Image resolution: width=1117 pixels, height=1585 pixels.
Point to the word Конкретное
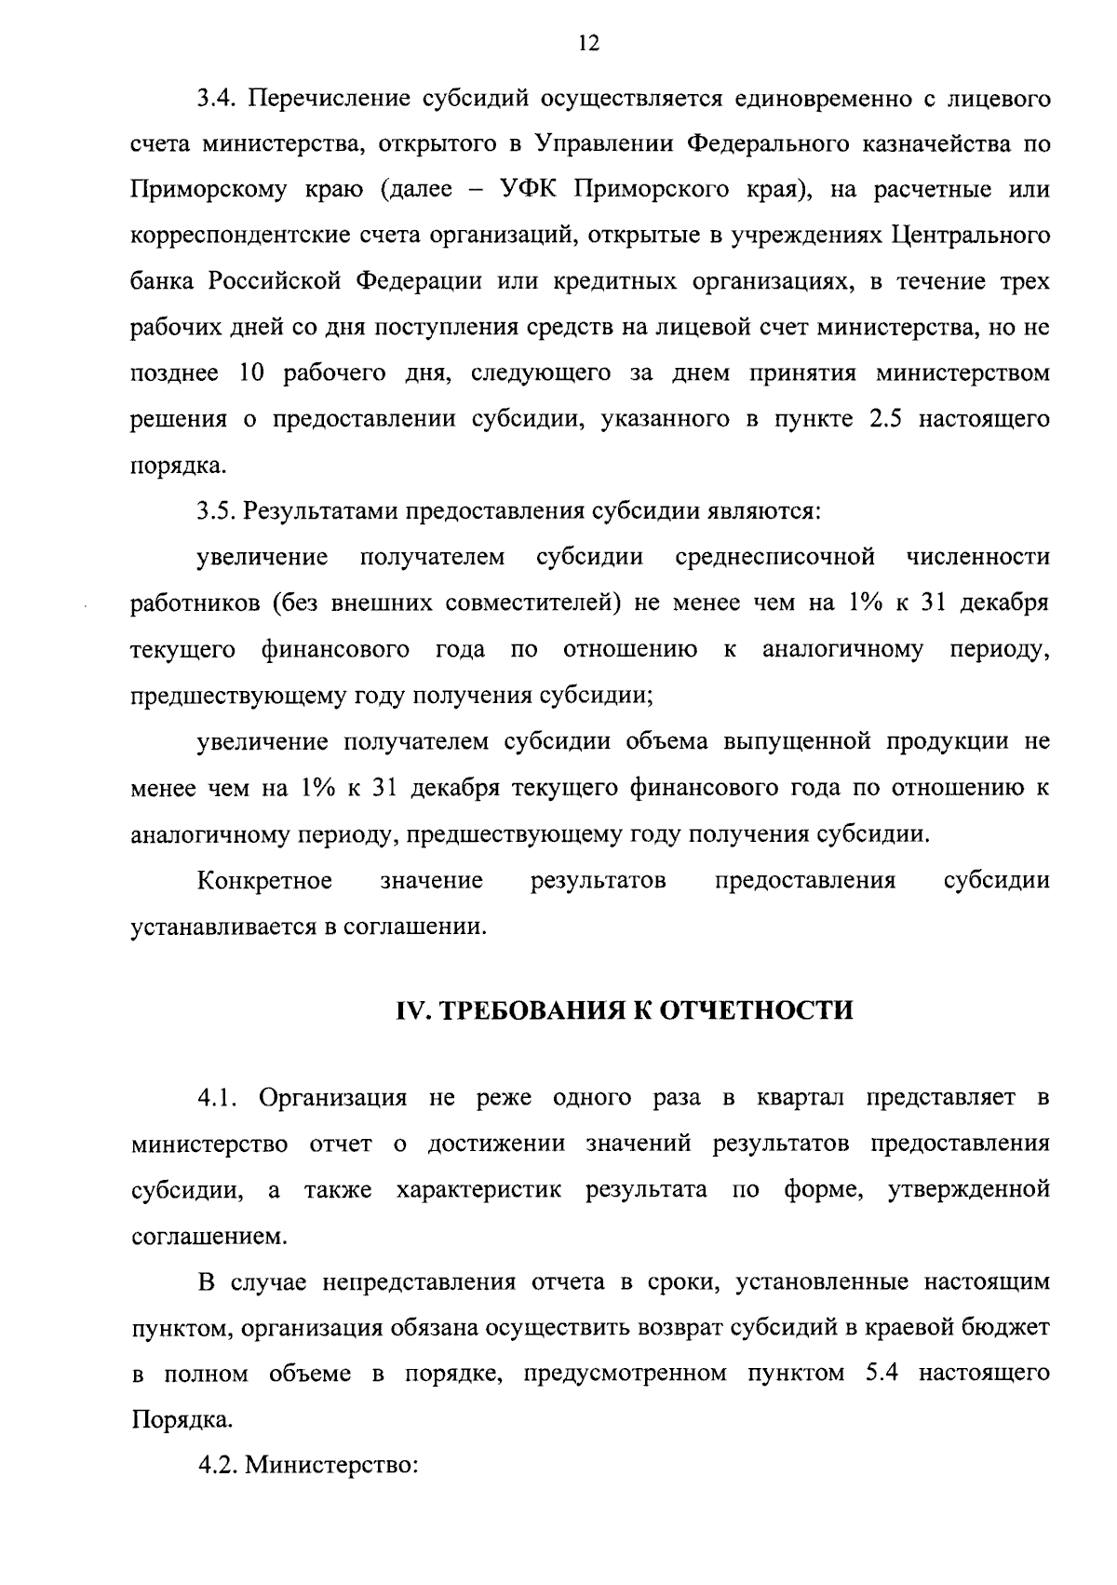[x=265, y=881]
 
